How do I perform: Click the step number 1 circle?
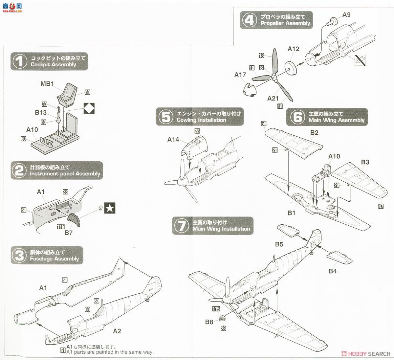tap(19, 61)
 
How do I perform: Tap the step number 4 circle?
tap(249, 20)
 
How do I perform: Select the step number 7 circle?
tap(181, 226)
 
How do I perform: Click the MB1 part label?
tap(47, 84)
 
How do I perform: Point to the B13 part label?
tap(41, 113)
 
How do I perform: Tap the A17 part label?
tap(240, 75)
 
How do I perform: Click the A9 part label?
tap(346, 15)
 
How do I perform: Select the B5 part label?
tap(279, 244)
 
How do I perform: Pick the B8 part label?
tap(209, 322)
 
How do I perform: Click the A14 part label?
tap(173, 140)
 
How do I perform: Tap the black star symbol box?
tap(110, 208)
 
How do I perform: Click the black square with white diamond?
tap(89, 108)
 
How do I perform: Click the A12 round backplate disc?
tap(290, 67)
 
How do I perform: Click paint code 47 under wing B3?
tap(381, 206)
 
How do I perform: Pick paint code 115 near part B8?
tap(216, 309)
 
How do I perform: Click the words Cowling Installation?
tap(201, 120)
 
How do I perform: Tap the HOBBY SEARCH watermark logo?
tap(366, 354)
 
